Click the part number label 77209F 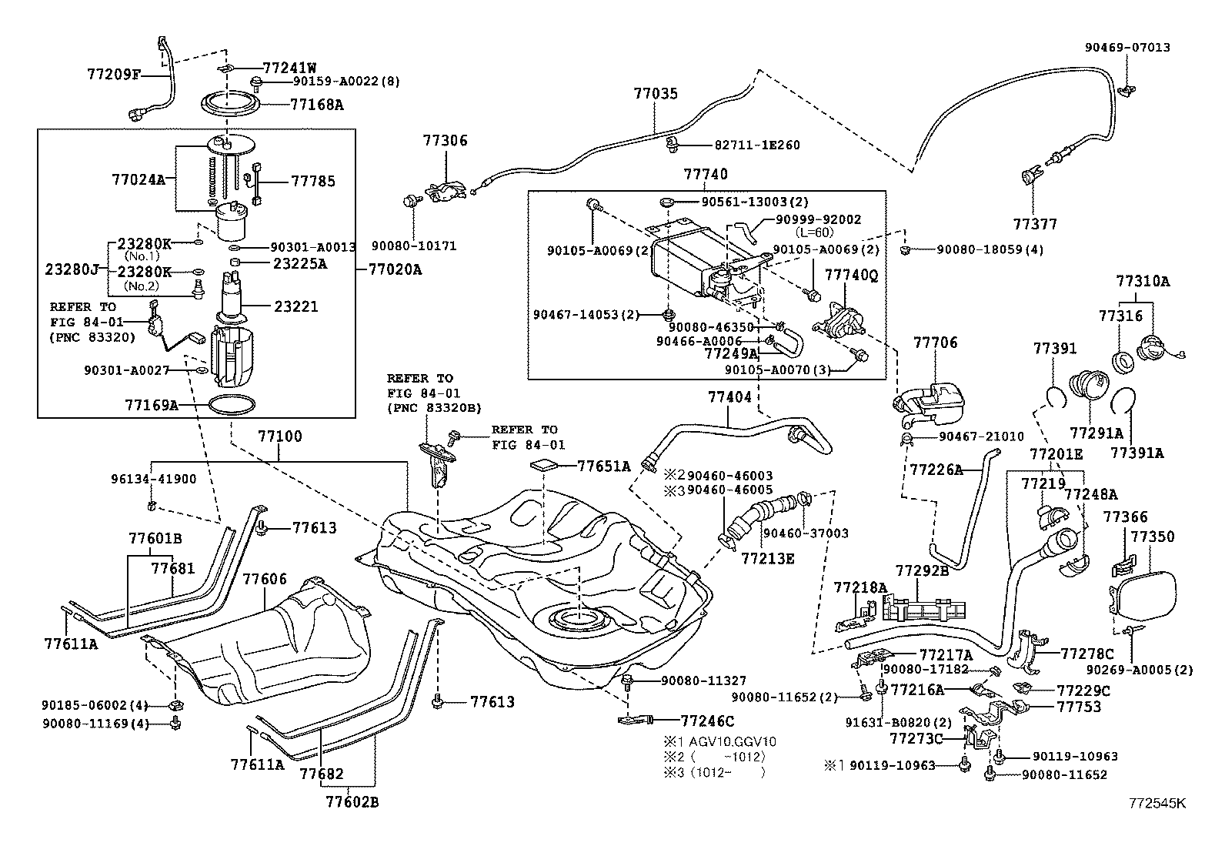114,75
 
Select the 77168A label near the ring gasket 317,104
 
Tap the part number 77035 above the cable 656,94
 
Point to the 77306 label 444,141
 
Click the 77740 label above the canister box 705,175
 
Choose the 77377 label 1035,224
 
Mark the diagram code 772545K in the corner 1158,803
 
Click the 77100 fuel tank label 279,436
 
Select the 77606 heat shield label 265,579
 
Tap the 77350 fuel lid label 1153,537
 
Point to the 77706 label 935,343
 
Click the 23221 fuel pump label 296,306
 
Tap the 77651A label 604,465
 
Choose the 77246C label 707,721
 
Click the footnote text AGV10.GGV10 731,742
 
